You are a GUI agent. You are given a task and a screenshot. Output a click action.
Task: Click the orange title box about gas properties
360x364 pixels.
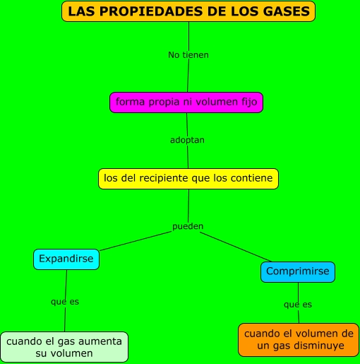coord(188,11)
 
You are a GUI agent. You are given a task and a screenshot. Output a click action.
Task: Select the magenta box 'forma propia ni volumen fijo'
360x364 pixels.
coord(187,102)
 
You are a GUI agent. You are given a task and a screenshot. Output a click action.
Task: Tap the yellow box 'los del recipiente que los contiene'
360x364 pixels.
coord(188,178)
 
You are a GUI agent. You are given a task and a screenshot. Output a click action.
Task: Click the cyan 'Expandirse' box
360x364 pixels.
coord(66,259)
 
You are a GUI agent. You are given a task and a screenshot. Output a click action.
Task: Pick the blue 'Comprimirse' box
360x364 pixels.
coord(298,271)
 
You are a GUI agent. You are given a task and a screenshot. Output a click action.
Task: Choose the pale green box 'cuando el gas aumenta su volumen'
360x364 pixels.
coord(64,346)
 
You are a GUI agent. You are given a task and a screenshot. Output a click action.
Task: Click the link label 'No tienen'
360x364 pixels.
coord(188,54)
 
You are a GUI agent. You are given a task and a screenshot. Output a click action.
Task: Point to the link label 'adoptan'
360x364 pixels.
coord(187,140)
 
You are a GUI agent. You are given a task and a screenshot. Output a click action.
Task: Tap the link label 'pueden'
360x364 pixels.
coord(188,226)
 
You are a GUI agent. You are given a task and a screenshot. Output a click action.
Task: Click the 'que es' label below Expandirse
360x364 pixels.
coord(65,301)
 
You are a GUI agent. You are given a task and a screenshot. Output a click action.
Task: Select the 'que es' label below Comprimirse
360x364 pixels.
coord(298,304)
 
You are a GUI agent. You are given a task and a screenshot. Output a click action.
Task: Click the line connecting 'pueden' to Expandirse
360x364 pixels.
coord(134,240)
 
